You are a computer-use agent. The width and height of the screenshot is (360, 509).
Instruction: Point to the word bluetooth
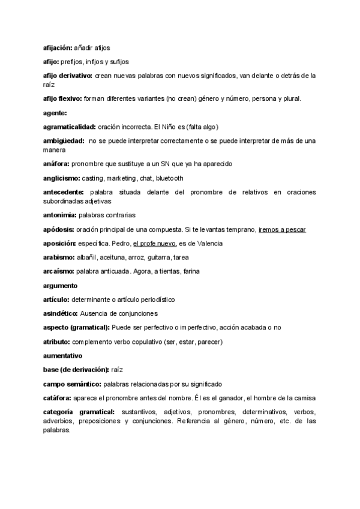point(169,178)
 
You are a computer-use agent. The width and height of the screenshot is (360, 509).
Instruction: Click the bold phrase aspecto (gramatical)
point(76,327)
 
